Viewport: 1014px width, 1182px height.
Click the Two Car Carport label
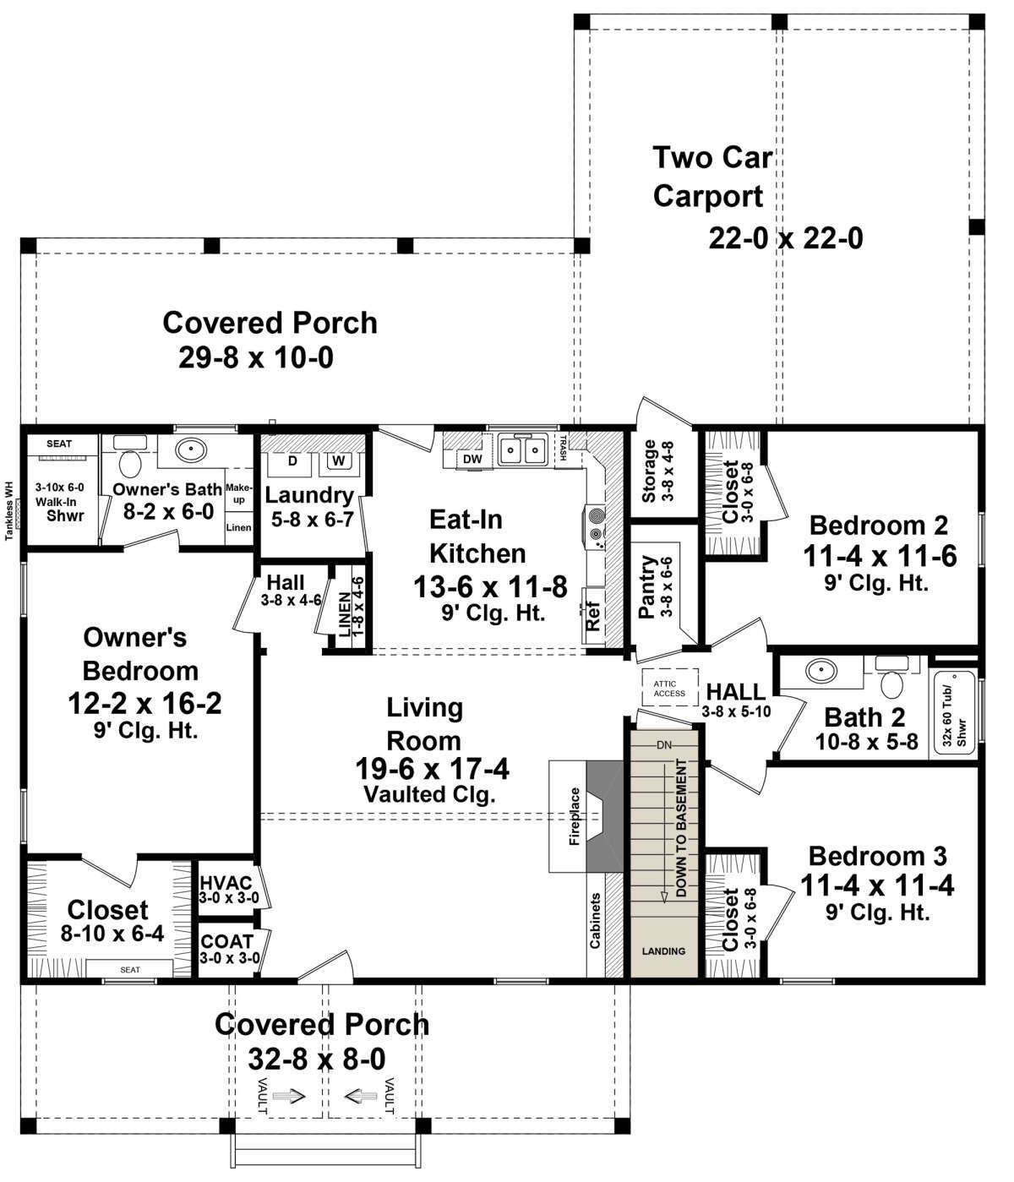pyautogui.click(x=712, y=177)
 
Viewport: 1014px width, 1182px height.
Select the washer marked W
pyautogui.click(x=339, y=461)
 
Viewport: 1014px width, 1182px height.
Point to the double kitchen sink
pyautogui.click(x=521, y=450)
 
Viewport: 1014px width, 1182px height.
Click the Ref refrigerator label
pyautogui.click(x=594, y=615)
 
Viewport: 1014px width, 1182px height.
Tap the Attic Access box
pyautogui.click(x=669, y=689)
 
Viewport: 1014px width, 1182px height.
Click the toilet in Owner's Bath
pyautogui.click(x=130, y=463)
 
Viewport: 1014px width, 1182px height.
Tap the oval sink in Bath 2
pyautogui.click(x=821, y=669)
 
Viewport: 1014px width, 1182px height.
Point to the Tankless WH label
pyautogui.click(x=9, y=510)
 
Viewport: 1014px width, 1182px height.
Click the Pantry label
pyautogui.click(x=646, y=586)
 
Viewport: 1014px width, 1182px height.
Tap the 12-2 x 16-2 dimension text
pyautogui.click(x=144, y=703)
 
